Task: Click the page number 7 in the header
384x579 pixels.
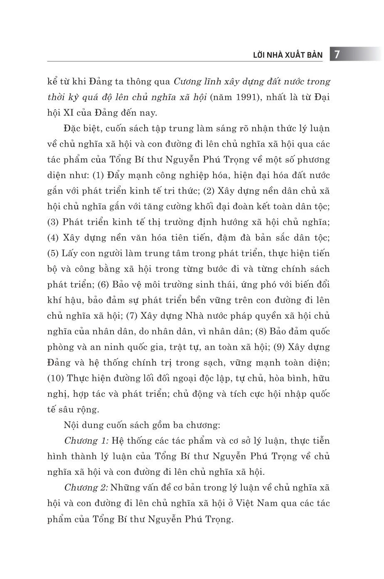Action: [x=337, y=54]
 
